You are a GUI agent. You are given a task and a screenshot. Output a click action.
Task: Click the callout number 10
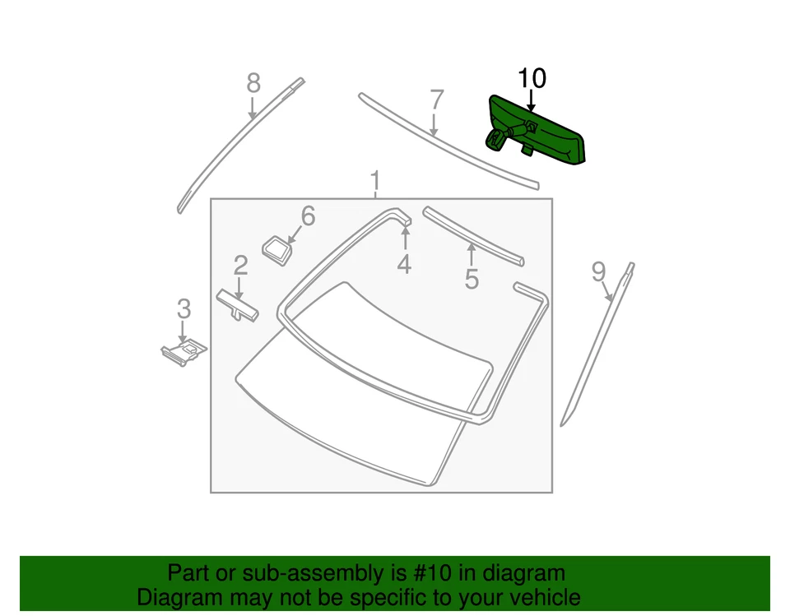531,79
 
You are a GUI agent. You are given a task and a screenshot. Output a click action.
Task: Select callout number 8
253,83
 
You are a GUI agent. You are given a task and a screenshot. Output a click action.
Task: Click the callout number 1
375,180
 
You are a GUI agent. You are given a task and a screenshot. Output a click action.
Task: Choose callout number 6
308,216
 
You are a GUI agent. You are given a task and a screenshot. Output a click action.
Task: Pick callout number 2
240,265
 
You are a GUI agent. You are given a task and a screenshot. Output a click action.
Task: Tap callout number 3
184,309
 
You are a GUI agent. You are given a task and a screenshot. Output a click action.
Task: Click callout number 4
404,264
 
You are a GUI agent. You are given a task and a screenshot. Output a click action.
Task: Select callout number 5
471,279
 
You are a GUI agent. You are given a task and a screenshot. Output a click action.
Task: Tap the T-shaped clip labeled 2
237,305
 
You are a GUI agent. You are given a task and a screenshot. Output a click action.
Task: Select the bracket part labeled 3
184,351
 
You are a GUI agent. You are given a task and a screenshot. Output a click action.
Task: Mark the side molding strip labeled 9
597,345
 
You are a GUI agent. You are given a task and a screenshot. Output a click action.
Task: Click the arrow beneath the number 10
531,101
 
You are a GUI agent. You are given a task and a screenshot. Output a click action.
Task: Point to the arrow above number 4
404,237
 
